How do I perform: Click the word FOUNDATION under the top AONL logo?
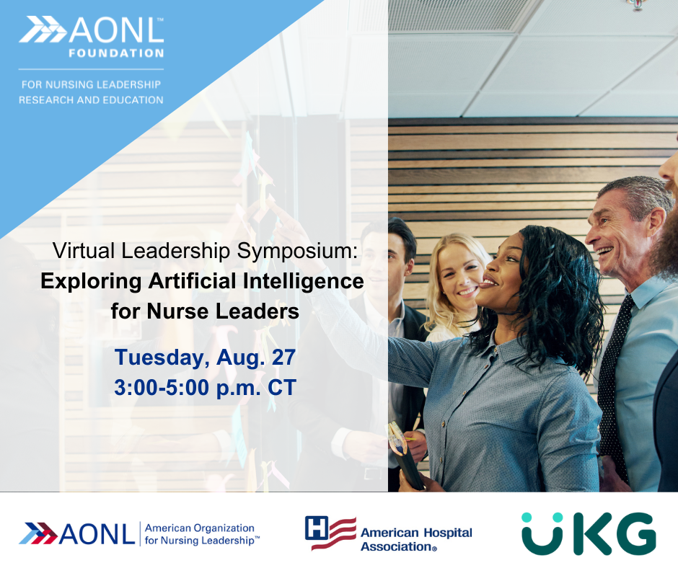[116, 53]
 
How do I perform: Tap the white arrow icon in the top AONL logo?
[42, 30]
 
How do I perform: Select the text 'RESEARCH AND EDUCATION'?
[91, 99]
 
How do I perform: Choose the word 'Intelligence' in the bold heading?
[313, 281]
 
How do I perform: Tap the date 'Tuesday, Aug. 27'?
[205, 357]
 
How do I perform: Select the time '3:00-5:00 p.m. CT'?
[205, 387]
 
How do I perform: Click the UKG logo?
[588, 533]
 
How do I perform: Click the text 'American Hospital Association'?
[415, 539]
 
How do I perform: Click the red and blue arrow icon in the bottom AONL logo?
[38, 534]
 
